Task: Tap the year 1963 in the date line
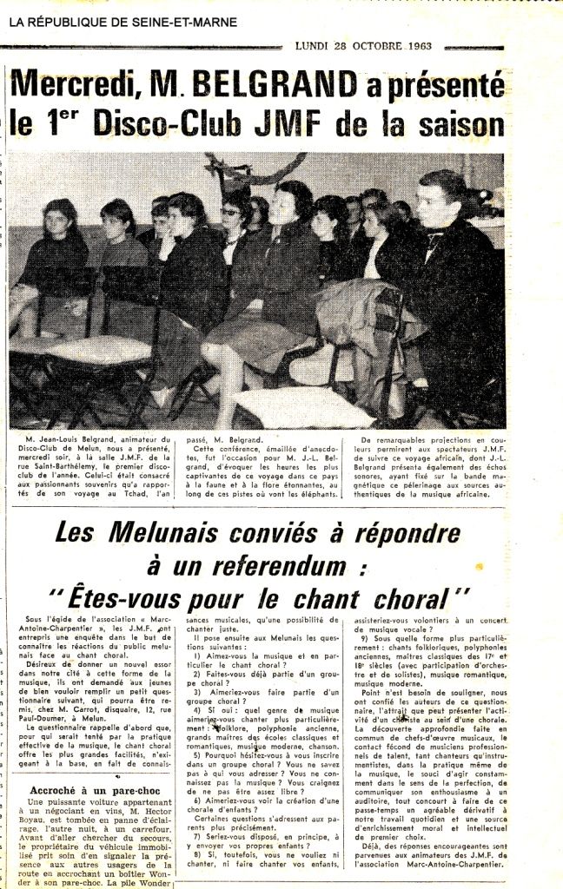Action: click(425, 46)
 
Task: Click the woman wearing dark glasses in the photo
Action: click(232, 213)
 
